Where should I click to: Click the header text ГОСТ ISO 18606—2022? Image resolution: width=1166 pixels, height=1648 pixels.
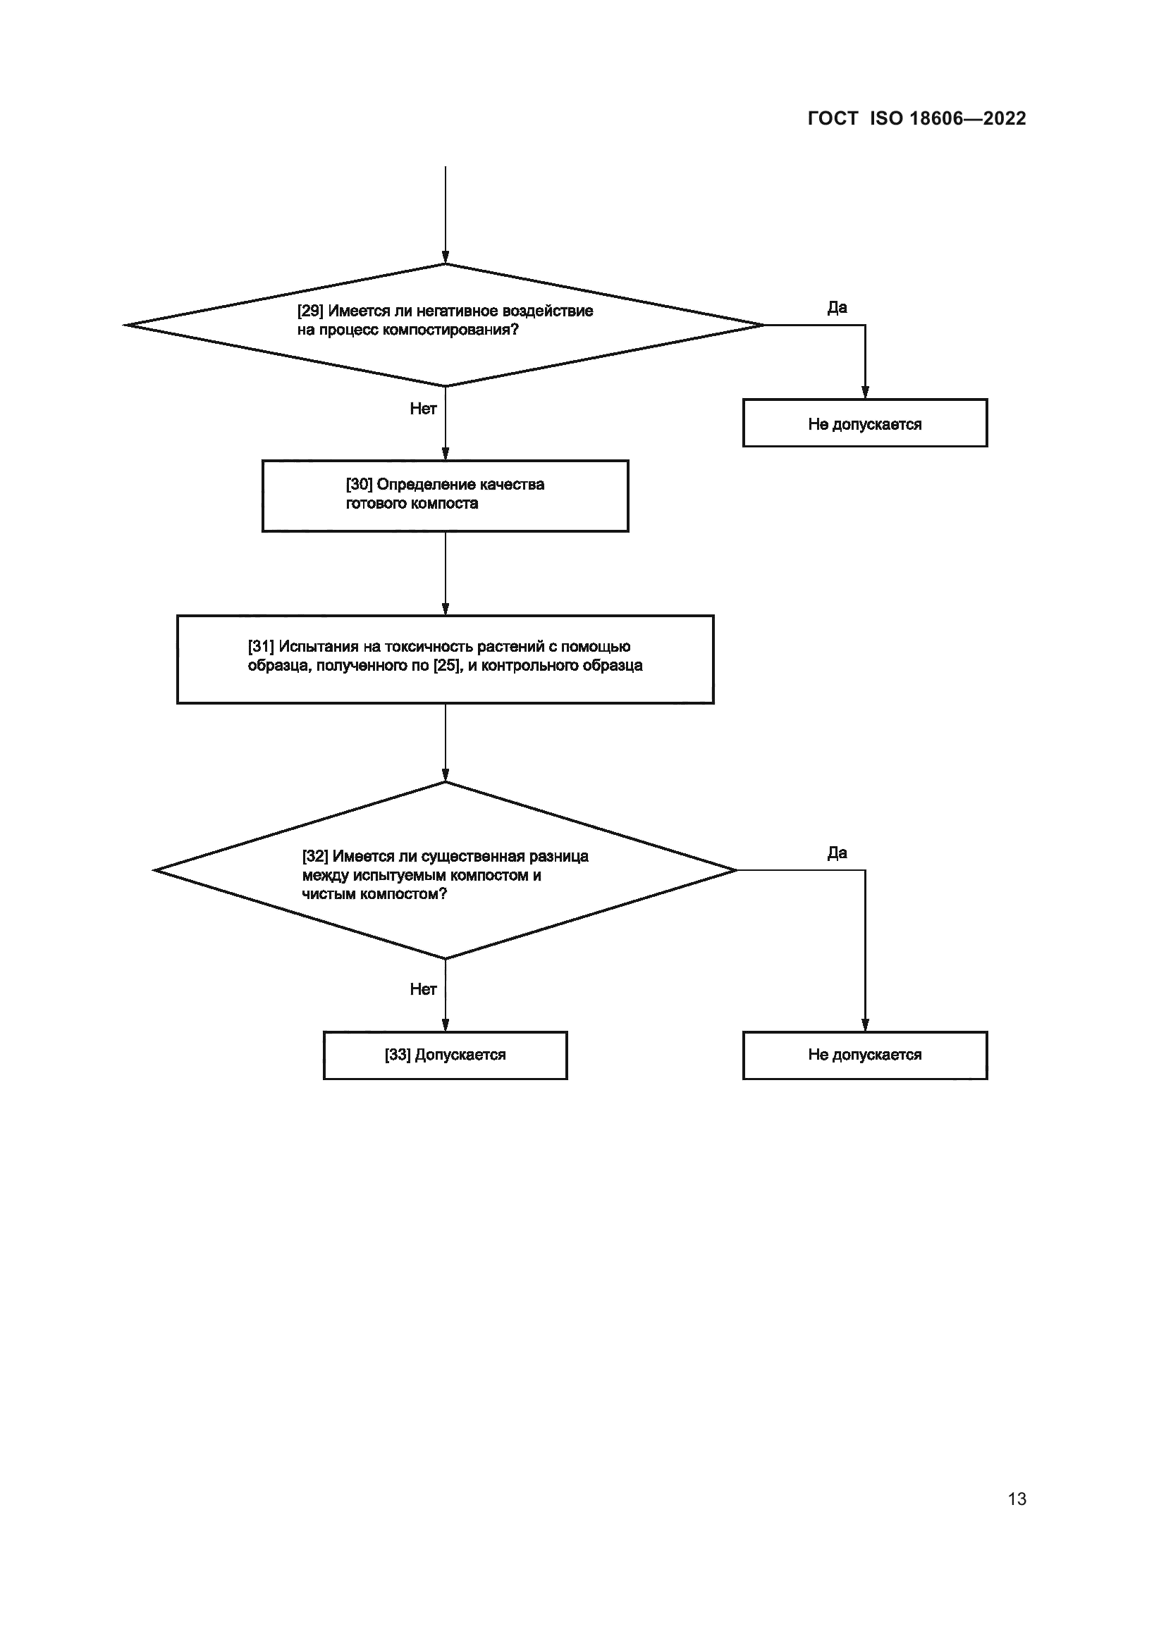click(x=916, y=118)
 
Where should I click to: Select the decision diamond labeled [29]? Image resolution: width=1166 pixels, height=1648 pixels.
click(x=444, y=324)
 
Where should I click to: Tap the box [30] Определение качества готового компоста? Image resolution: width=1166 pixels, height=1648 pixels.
click(x=444, y=495)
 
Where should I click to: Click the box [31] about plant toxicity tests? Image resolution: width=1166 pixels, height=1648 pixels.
click(x=444, y=659)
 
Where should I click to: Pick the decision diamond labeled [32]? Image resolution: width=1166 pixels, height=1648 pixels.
click(x=444, y=870)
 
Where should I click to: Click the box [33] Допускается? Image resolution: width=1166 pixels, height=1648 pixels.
click(x=444, y=1055)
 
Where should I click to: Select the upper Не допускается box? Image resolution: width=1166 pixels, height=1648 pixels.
click(x=864, y=423)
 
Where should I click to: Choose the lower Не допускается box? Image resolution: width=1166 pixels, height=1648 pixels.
click(x=864, y=1055)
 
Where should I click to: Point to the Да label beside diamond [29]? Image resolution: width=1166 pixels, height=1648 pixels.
click(x=837, y=308)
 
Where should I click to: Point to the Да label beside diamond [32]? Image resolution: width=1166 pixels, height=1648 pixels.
click(x=837, y=853)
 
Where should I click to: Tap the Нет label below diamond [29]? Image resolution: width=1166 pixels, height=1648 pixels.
click(x=423, y=409)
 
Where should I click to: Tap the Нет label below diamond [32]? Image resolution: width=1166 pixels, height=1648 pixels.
click(x=423, y=989)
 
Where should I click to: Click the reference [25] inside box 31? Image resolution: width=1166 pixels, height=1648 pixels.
click(x=446, y=665)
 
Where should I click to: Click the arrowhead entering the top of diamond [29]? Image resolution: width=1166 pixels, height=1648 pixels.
click(x=445, y=258)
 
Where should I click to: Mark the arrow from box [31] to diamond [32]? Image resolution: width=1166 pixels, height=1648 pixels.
click(x=445, y=742)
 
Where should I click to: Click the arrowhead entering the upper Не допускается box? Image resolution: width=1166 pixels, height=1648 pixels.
click(x=865, y=392)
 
